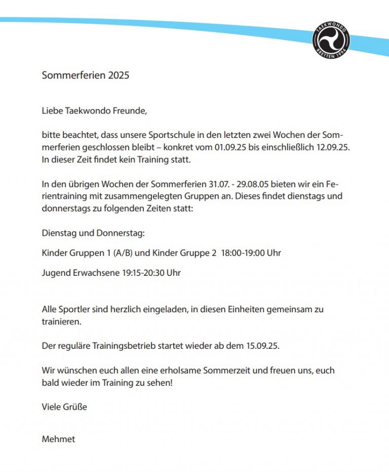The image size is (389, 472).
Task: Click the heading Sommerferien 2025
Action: pos(86,76)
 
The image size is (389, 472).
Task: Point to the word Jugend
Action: pos(56,273)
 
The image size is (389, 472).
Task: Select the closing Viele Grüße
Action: pos(64,407)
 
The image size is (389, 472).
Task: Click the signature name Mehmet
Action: pos(58,439)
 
